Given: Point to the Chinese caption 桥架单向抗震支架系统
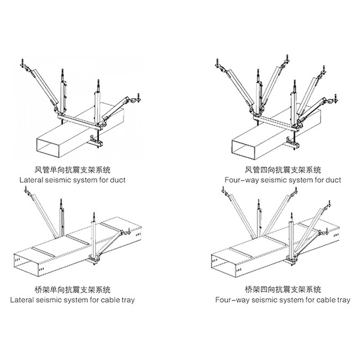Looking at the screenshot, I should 78,289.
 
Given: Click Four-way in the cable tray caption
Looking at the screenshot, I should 230,300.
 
